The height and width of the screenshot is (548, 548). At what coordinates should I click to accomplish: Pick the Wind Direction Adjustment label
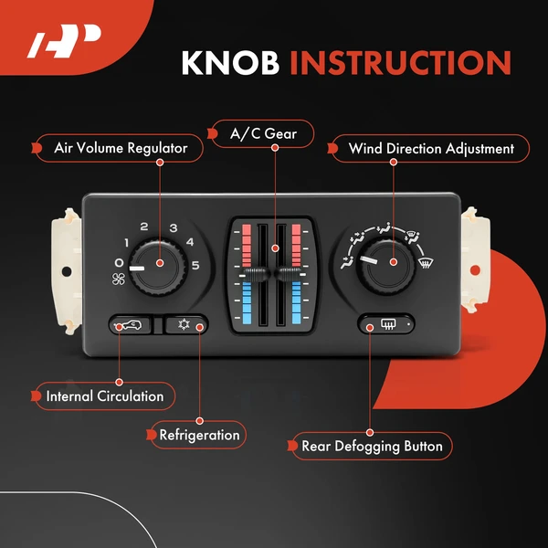point(424,148)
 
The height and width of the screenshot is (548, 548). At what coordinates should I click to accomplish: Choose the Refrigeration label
point(199,435)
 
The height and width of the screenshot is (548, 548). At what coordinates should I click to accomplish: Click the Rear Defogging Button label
point(372,447)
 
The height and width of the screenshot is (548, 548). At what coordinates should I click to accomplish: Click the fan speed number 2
point(143,227)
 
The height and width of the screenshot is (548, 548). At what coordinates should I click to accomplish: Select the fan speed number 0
point(119,263)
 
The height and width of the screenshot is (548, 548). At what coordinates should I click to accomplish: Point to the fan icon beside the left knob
point(118,279)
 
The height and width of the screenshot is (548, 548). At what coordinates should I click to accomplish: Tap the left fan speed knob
point(158,265)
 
